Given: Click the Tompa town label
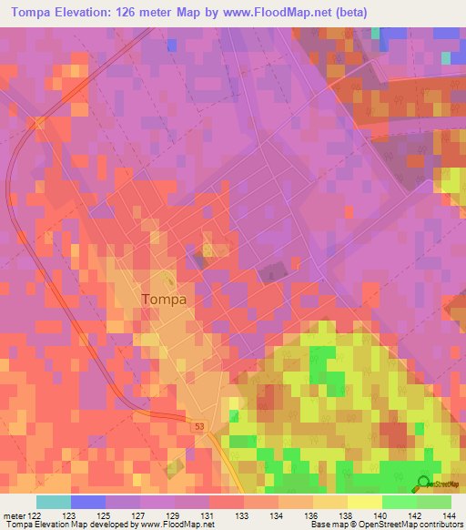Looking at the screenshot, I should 164,299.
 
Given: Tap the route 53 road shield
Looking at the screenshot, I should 199,425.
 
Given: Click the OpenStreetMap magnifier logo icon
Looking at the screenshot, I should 424,484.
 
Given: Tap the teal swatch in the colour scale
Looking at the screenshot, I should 54,502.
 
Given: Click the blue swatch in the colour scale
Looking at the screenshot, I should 88,502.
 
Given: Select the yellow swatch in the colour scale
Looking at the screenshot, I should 365,502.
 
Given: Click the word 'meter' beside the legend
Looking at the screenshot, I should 13,515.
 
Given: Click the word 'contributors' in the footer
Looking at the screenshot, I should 440,525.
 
